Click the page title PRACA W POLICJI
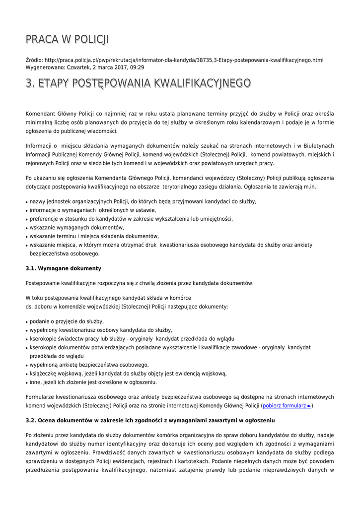67,39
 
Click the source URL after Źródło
184,60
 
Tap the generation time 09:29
138,67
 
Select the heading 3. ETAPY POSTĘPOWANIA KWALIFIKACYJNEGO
138,83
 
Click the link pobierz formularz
287,406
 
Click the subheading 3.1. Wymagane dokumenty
63,268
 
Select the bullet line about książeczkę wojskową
128,374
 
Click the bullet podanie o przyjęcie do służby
67,321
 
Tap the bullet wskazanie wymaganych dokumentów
76,228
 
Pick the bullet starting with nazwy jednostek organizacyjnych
143,201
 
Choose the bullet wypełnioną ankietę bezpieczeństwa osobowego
89,365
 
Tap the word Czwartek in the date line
78,67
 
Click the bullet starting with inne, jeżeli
93,382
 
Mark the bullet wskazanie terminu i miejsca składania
94,236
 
